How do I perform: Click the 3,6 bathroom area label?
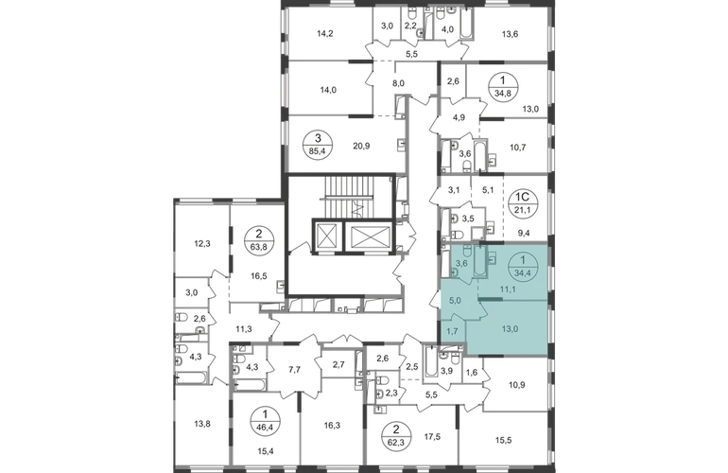pyautogui.click(x=460, y=264)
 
